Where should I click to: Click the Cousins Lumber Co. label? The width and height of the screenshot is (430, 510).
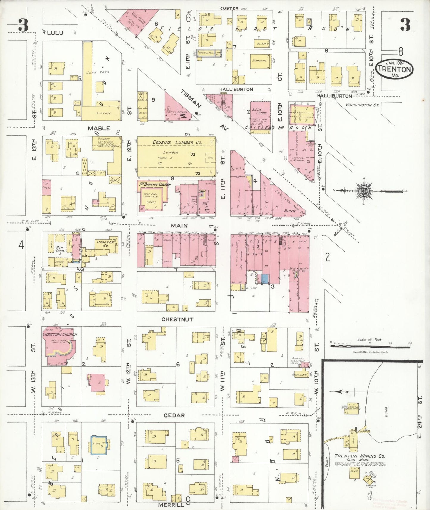pyautogui.click(x=177, y=143)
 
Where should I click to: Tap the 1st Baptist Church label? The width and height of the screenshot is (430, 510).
pyautogui.click(x=154, y=185)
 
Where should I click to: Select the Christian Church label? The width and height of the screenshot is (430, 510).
pyautogui.click(x=60, y=334)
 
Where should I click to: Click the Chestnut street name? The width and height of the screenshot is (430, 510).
pyautogui.click(x=177, y=319)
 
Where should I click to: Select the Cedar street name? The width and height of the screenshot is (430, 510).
pyautogui.click(x=174, y=415)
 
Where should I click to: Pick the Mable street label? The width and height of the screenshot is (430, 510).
pyautogui.click(x=99, y=128)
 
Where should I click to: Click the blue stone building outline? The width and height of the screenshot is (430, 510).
pyautogui.click(x=99, y=445)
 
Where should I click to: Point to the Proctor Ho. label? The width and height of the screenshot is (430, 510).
pyautogui.click(x=105, y=244)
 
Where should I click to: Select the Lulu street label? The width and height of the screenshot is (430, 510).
pyautogui.click(x=55, y=33)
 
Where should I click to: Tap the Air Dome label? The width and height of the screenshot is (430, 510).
pyautogui.click(x=60, y=249)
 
